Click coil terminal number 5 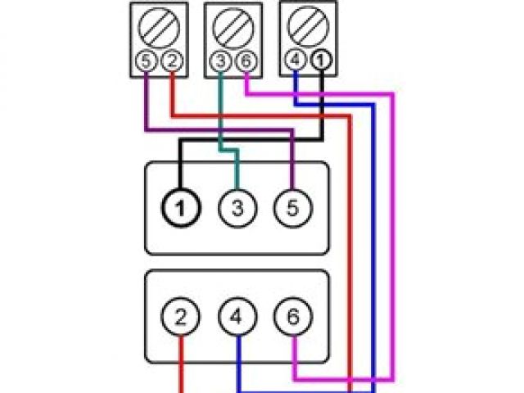tap(145, 61)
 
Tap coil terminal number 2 tap(171, 61)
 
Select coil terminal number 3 tap(221, 61)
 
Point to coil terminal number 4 tap(296, 61)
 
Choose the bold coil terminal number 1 tap(321, 61)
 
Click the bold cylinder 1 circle tap(183, 208)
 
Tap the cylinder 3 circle tap(237, 208)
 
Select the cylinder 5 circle tap(292, 208)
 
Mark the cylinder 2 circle tap(183, 316)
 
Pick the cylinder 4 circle tap(237, 316)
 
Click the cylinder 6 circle tap(292, 316)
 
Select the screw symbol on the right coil tap(309, 27)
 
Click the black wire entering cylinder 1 tap(181, 164)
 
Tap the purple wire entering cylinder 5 tap(292, 164)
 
